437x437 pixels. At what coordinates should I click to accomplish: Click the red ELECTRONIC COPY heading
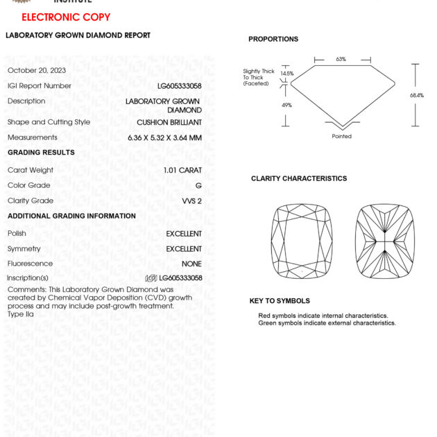tap(66, 17)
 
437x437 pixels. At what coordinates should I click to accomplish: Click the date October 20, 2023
tap(37, 71)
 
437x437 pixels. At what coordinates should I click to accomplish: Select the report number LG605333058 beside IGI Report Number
tap(180, 86)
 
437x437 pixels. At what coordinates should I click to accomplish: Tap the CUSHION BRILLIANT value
tap(169, 123)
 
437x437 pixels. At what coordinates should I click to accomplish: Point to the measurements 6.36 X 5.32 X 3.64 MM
tap(164, 137)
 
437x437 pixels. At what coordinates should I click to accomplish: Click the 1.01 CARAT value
tap(182, 171)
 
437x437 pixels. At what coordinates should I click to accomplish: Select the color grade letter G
tap(199, 186)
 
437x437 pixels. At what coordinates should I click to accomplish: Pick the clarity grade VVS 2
tap(191, 201)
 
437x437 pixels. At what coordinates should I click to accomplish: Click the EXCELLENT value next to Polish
tap(184, 234)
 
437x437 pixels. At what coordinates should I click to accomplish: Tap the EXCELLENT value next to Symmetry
tap(184, 249)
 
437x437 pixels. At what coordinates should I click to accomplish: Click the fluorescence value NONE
tap(191, 264)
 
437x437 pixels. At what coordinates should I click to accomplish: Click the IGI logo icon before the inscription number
tap(151, 278)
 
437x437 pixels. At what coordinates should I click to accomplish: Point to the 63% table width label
tap(341, 60)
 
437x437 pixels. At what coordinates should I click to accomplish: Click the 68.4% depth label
tap(416, 96)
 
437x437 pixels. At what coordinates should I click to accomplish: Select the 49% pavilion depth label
tap(286, 105)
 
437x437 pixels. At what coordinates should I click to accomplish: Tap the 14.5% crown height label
tap(287, 74)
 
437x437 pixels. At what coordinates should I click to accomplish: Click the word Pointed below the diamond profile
tap(341, 137)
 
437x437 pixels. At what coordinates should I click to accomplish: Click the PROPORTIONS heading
tap(273, 40)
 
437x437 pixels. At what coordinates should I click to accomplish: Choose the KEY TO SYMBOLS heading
tap(280, 301)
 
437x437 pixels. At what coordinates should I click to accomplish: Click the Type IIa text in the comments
tap(21, 314)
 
